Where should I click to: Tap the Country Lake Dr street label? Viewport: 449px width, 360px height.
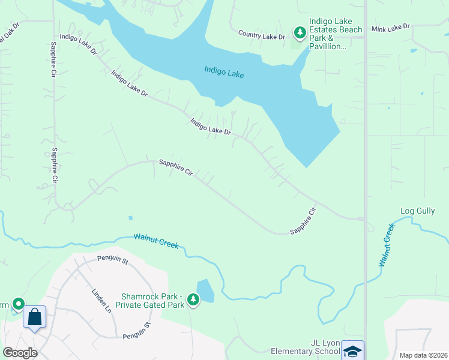click(261, 36)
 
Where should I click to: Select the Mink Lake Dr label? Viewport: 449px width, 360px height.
click(390, 27)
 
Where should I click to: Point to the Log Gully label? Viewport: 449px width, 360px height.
click(417, 211)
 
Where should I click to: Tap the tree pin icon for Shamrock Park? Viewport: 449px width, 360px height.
click(193, 299)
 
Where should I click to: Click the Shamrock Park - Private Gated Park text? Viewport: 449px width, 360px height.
click(153, 301)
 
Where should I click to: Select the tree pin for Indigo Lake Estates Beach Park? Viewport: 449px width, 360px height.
click(299, 32)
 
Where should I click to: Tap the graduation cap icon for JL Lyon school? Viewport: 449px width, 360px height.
click(352, 351)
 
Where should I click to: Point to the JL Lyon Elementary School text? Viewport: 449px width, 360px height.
click(306, 347)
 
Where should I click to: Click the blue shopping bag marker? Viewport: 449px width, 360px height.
click(35, 316)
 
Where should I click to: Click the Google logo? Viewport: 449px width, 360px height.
click(20, 353)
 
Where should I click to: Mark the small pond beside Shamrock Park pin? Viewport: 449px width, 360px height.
click(205, 291)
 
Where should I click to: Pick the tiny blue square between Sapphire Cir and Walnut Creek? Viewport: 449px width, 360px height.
click(130, 218)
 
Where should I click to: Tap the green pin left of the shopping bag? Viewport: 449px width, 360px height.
click(18, 305)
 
